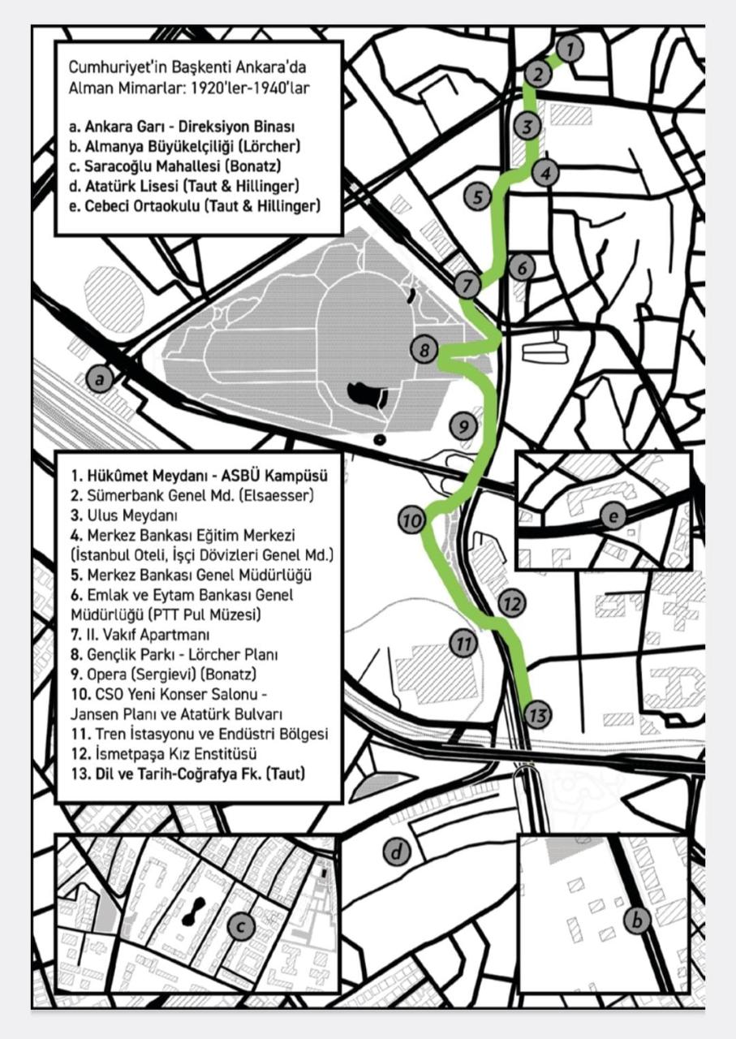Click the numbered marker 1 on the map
(x=570, y=49)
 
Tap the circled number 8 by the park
(x=424, y=351)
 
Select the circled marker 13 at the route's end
(x=537, y=715)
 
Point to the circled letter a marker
(x=100, y=377)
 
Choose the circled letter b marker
(x=638, y=920)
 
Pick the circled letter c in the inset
(x=241, y=925)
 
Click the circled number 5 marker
(x=478, y=196)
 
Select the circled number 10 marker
(x=412, y=519)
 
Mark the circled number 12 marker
(x=510, y=603)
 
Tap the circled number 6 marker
(x=523, y=267)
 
